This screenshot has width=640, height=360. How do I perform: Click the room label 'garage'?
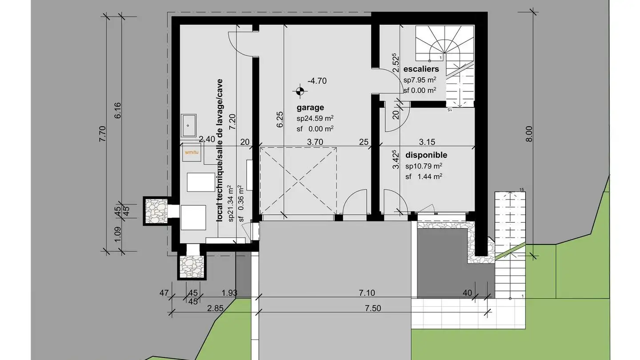tap(310, 108)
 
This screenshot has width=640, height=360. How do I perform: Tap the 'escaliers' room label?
tap(421, 69)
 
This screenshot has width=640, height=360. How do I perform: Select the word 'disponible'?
tap(426, 155)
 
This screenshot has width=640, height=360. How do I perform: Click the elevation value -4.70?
tap(317, 81)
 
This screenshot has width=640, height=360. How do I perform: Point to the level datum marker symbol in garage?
tap(300, 91)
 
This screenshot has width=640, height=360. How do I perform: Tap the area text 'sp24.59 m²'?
tap(315, 118)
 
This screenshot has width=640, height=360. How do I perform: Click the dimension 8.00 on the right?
tap(528, 133)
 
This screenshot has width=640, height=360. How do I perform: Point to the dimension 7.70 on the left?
tap(102, 133)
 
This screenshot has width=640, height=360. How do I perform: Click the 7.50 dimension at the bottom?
tap(372, 308)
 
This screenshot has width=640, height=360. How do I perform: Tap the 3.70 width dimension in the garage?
tap(315, 142)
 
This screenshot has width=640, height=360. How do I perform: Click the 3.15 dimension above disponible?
tap(427, 142)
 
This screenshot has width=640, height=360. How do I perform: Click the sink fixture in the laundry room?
tap(189, 125)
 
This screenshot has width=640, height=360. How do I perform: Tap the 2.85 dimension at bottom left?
tap(215, 308)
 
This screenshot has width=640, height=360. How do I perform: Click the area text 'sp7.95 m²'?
tap(419, 80)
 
